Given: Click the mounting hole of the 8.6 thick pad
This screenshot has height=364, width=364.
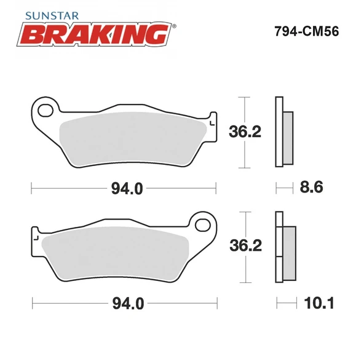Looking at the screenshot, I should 45,111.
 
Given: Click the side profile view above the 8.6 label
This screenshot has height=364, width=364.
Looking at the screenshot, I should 283,132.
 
